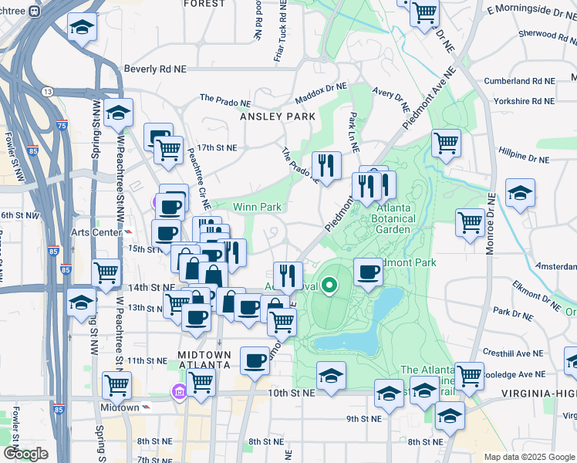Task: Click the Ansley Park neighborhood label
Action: pyautogui.click(x=278, y=116)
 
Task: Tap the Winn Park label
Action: pyautogui.click(x=258, y=207)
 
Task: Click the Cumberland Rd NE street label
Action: pyautogui.click(x=519, y=81)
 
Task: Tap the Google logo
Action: pyautogui.click(x=26, y=454)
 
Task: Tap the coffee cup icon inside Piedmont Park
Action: pyautogui.click(x=369, y=272)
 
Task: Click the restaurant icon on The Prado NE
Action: pyautogui.click(x=326, y=164)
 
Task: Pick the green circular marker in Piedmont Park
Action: pyautogui.click(x=329, y=286)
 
